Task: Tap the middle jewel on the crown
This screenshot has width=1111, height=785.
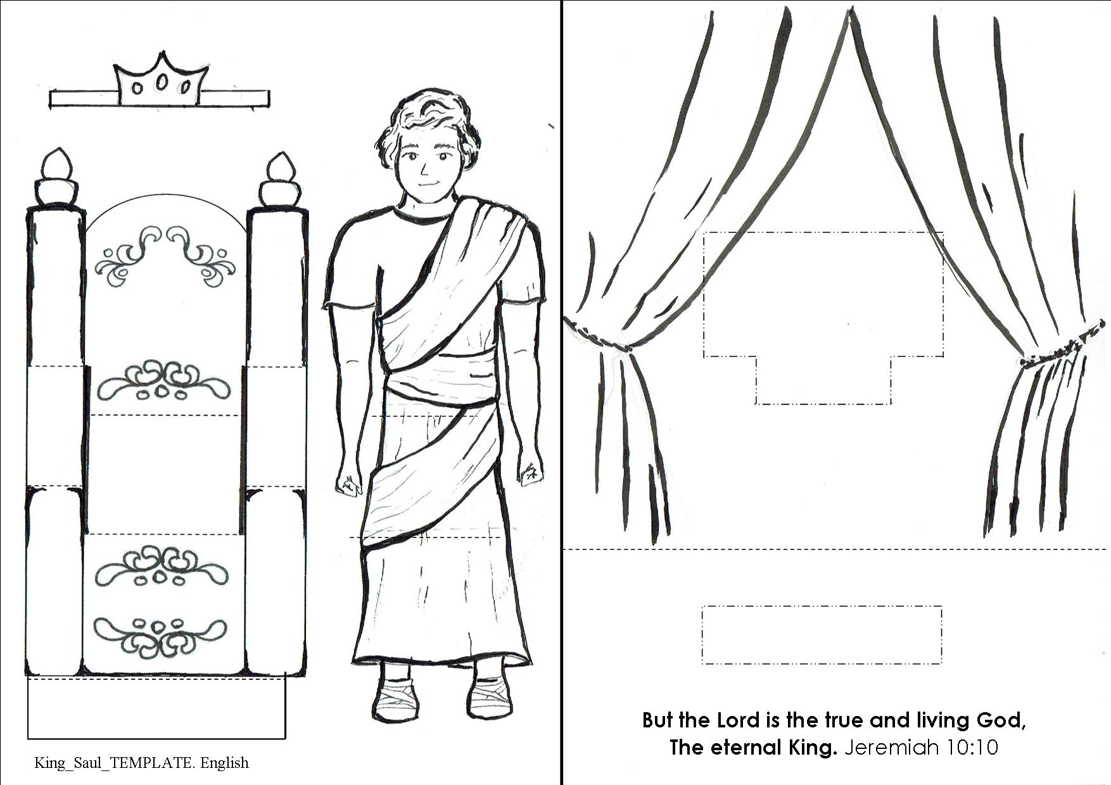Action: pyautogui.click(x=162, y=82)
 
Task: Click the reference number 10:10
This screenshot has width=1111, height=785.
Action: pyautogui.click(x=973, y=748)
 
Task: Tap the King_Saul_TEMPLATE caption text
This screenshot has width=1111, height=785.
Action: pyautogui.click(x=141, y=763)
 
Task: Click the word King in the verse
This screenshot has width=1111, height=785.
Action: pyautogui.click(x=809, y=748)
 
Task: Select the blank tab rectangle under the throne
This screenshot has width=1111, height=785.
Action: pyautogui.click(x=156, y=708)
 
